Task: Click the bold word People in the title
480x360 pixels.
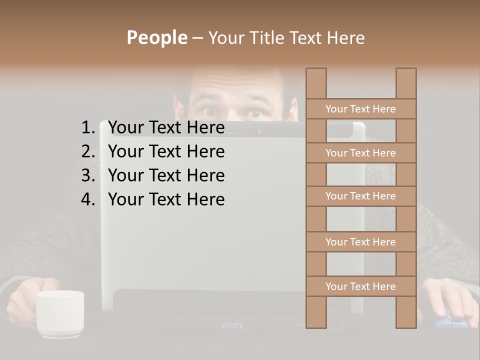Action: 156,37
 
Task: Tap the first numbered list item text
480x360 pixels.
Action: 166,128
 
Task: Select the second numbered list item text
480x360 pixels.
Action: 166,151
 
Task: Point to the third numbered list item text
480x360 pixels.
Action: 166,175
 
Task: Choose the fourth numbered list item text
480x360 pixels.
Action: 166,199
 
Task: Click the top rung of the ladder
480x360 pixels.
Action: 361,109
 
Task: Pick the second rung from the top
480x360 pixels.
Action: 361,153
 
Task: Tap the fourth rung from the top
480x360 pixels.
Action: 361,242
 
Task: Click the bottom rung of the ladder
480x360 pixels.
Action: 361,286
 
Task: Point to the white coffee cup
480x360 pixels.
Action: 59,313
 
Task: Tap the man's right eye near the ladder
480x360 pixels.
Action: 255,113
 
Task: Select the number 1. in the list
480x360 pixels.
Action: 88,128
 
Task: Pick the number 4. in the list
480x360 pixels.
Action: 88,199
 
